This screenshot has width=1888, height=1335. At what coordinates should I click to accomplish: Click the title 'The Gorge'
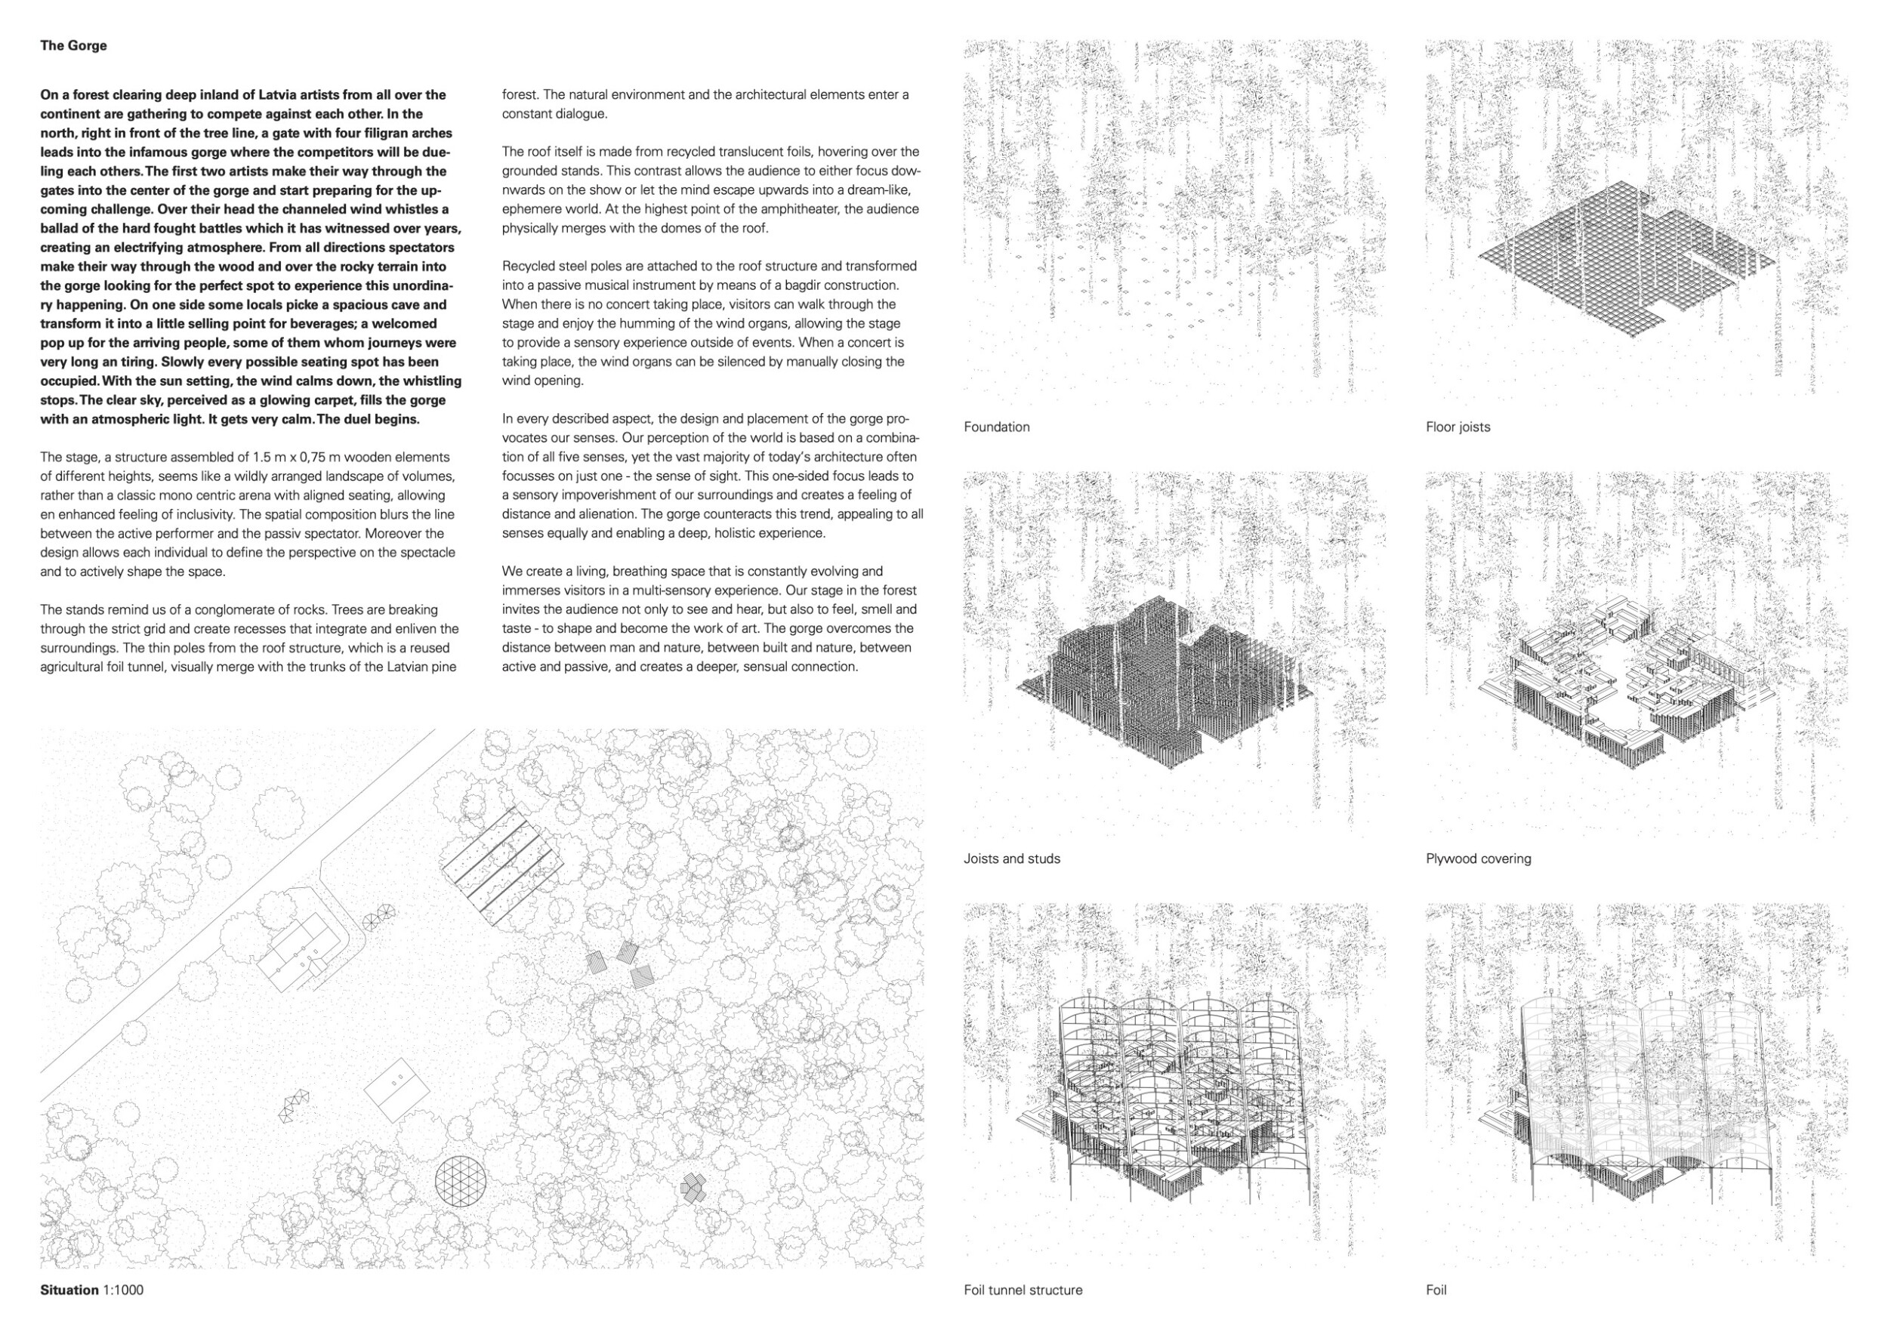click(73, 46)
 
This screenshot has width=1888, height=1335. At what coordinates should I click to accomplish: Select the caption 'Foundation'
click(996, 427)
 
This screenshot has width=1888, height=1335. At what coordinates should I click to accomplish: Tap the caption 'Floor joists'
click(1457, 427)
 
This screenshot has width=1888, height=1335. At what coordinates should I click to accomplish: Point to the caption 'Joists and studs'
click(1011, 859)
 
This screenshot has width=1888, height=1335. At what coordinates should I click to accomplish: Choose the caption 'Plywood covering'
click(1478, 859)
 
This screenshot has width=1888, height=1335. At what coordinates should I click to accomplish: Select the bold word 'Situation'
click(69, 1290)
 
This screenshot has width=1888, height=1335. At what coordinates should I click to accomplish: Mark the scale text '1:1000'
click(123, 1290)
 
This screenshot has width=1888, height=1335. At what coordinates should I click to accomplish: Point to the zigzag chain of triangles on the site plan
click(295, 1106)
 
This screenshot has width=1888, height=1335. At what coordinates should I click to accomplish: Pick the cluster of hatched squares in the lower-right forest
click(693, 1189)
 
